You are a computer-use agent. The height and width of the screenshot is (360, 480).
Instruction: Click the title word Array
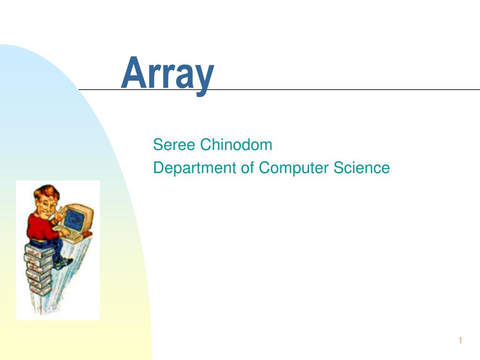(x=167, y=74)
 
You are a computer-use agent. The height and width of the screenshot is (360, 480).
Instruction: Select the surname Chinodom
(x=236, y=145)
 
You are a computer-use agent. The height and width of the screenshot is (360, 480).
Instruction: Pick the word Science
(x=361, y=167)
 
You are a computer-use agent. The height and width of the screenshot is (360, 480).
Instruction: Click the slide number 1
(x=460, y=341)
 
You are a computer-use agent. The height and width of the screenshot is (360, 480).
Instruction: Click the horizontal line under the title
(x=328, y=90)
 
